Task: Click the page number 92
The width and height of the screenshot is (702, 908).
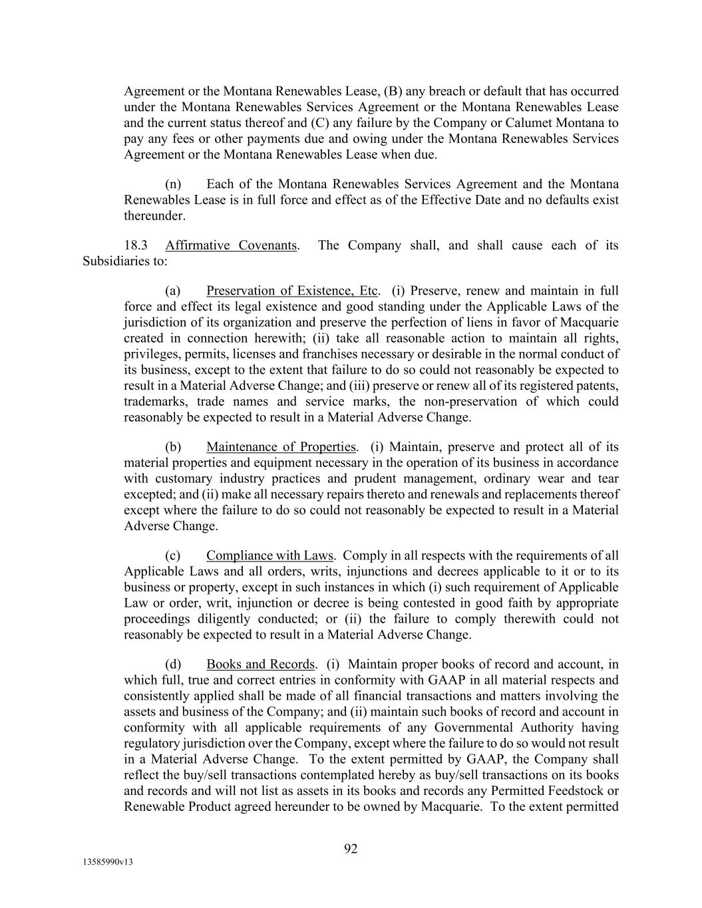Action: point(351,849)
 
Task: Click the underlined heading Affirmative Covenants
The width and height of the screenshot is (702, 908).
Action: point(231,245)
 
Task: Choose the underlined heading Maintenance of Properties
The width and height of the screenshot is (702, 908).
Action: point(281,447)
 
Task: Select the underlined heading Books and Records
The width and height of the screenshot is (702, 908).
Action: point(260,664)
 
